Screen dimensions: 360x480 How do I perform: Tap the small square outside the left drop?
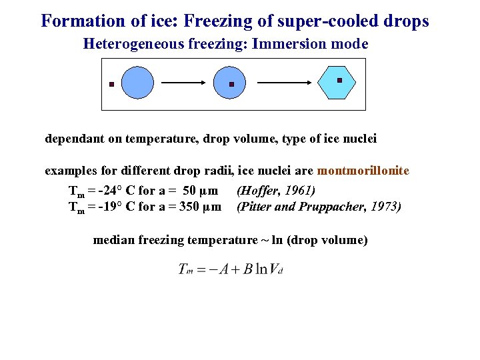tap(111, 85)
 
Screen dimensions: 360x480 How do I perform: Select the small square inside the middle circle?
tap(231, 85)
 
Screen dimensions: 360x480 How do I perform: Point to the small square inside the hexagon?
tap(339, 80)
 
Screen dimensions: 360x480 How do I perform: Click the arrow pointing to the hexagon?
tap(284, 83)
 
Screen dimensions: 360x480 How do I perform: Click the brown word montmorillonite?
tap(363, 171)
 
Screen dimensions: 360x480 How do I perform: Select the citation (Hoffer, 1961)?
tap(276, 191)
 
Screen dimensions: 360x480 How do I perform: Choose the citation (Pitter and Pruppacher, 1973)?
tap(319, 207)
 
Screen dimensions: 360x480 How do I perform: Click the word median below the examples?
tap(114, 240)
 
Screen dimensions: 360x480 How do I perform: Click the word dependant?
tap(71, 139)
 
